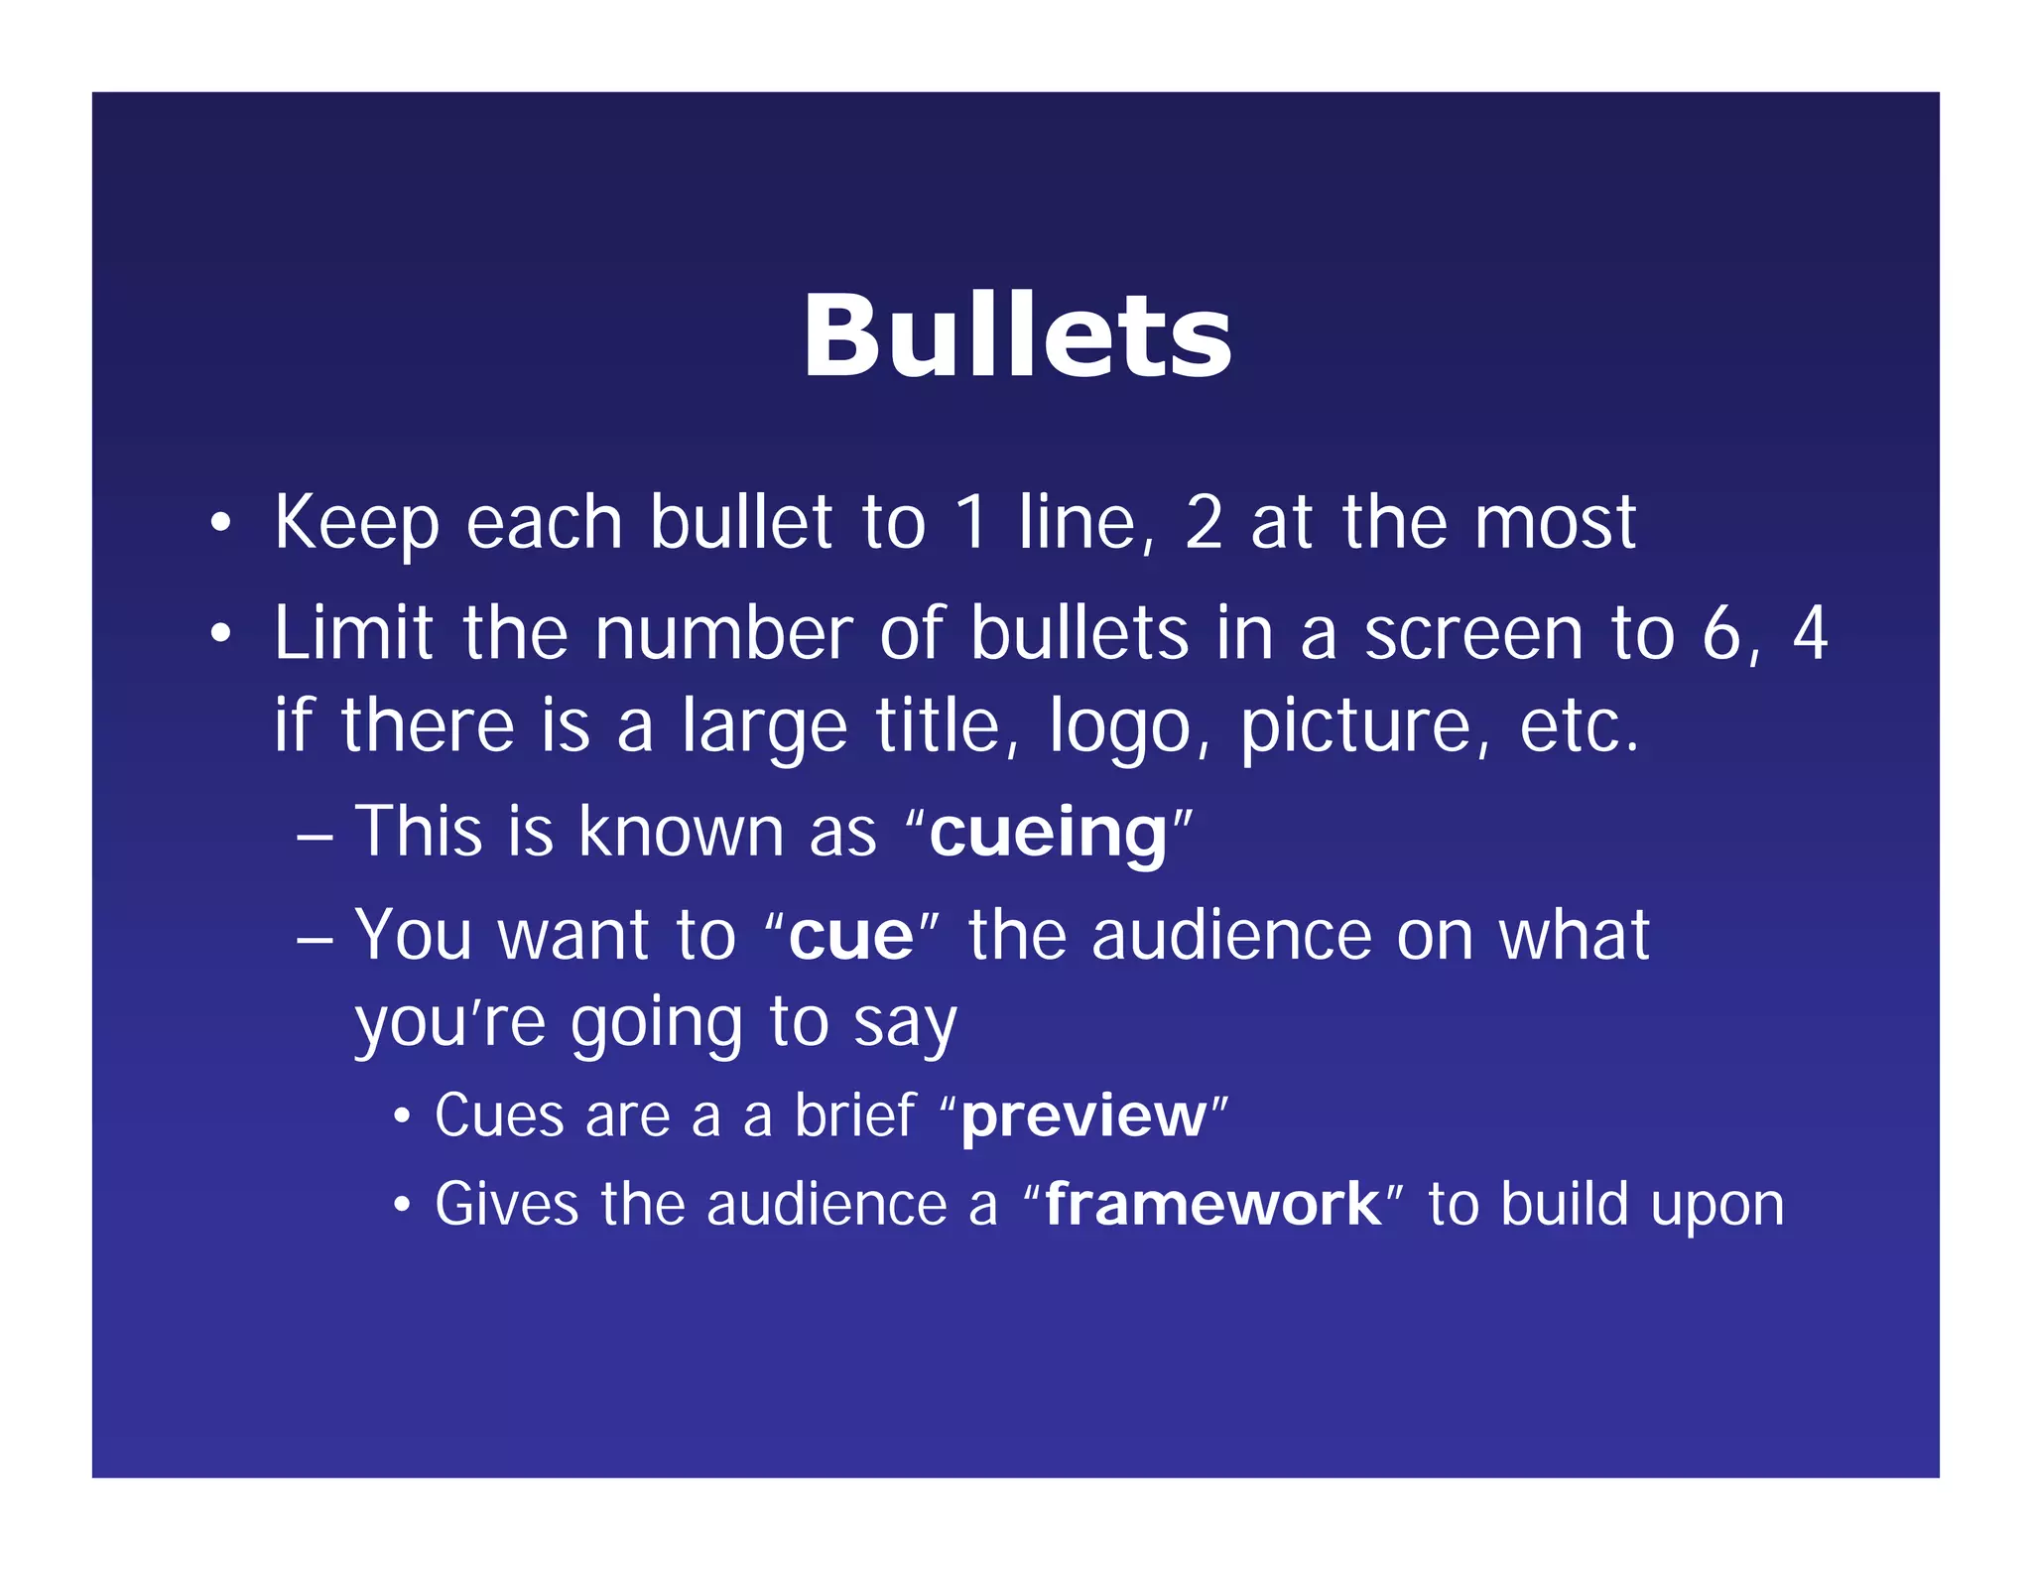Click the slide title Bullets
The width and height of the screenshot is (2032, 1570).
[x=1017, y=336]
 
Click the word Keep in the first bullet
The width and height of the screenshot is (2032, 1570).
[x=356, y=523]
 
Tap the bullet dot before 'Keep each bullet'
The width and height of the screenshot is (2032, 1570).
[x=220, y=523]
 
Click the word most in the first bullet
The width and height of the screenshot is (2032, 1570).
[x=1555, y=523]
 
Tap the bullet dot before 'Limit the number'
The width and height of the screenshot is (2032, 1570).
[x=220, y=633]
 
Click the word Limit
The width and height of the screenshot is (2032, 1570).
[x=353, y=633]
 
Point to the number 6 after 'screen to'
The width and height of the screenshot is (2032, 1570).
[x=1724, y=633]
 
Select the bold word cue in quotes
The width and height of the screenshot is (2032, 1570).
[x=851, y=936]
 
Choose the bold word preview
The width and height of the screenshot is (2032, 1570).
[x=1083, y=1116]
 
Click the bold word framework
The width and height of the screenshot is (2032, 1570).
[x=1212, y=1205]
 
